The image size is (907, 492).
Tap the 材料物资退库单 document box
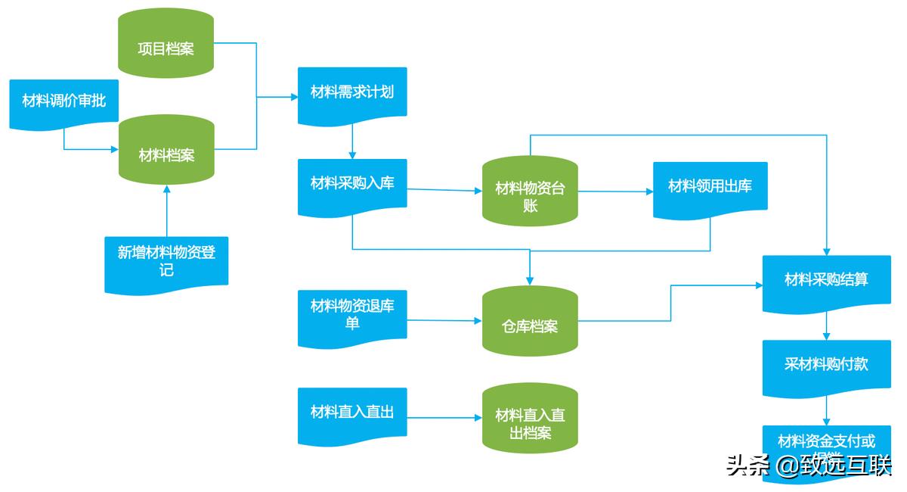pyautogui.click(x=352, y=316)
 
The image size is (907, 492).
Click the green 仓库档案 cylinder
pyautogui.click(x=530, y=321)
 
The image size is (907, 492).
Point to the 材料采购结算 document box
pyautogui.click(x=825, y=282)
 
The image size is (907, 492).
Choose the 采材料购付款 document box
pyautogui.click(x=825, y=366)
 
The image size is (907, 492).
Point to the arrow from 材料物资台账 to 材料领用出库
pyautogui.click(x=615, y=192)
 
